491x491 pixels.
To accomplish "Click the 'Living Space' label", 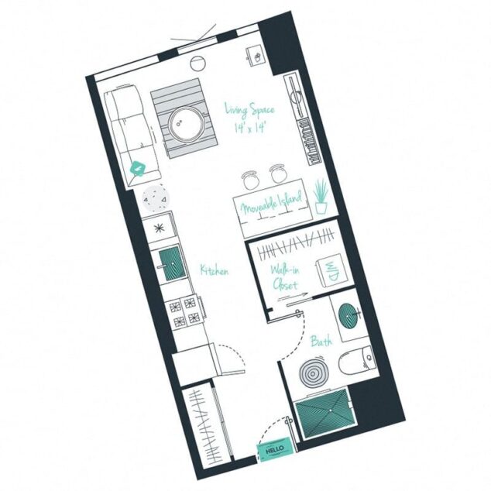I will tap(249, 109).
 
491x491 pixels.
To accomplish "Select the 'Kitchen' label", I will tap(214, 270).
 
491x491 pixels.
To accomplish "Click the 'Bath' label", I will tap(321, 341).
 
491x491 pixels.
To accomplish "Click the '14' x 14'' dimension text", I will tap(251, 126).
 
